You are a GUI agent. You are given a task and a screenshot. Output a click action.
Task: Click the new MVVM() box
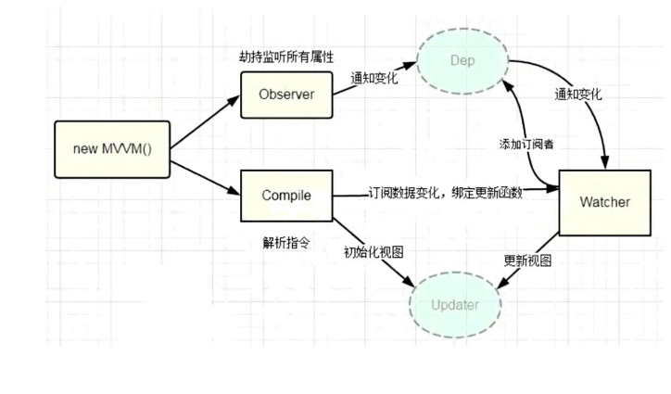(x=112, y=148)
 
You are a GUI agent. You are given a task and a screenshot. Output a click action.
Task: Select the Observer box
(x=287, y=94)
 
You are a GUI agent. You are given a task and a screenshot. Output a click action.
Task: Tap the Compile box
(x=286, y=196)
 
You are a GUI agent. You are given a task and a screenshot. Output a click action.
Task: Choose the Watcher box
(x=604, y=202)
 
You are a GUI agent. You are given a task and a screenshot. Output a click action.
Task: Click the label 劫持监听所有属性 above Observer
(x=286, y=57)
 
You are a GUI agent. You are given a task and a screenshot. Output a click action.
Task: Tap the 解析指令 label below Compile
(x=285, y=243)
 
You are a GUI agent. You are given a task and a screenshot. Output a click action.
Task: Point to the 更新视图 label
(x=527, y=261)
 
